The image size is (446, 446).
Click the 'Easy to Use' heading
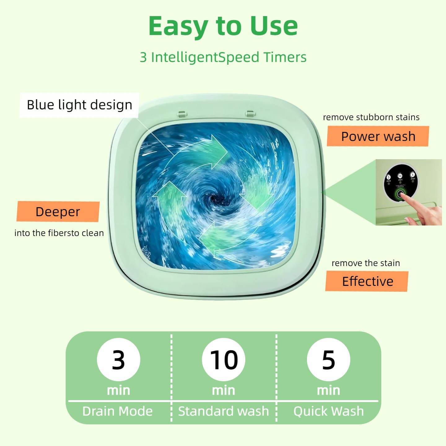[x=223, y=26]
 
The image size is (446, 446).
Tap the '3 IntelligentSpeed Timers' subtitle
[x=223, y=57]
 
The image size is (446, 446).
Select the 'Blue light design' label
[x=79, y=105]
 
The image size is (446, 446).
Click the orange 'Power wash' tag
[x=378, y=136]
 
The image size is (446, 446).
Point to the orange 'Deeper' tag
[x=58, y=212]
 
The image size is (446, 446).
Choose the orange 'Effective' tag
[x=367, y=281]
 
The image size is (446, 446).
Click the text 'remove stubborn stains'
[x=371, y=117]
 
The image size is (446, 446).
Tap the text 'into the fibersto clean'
[x=59, y=233]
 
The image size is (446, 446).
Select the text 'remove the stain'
[x=365, y=263]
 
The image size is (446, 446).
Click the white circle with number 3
[x=118, y=360]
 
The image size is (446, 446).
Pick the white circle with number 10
[x=223, y=360]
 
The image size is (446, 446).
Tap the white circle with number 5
[x=328, y=360]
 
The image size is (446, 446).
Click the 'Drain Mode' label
[x=117, y=411]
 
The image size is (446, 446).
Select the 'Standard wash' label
[x=223, y=411]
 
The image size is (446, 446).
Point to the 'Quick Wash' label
[x=328, y=411]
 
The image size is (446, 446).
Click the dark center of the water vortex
[x=213, y=199]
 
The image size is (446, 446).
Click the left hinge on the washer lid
[x=182, y=114]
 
